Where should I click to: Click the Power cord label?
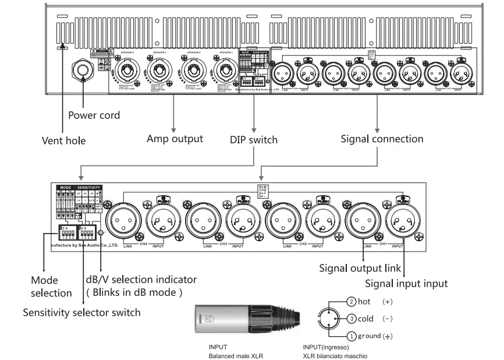(x=94, y=115)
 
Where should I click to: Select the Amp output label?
(x=175, y=139)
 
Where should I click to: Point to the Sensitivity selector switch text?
(x=81, y=312)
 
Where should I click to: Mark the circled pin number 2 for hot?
(x=352, y=302)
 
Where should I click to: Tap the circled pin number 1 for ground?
(x=352, y=336)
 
